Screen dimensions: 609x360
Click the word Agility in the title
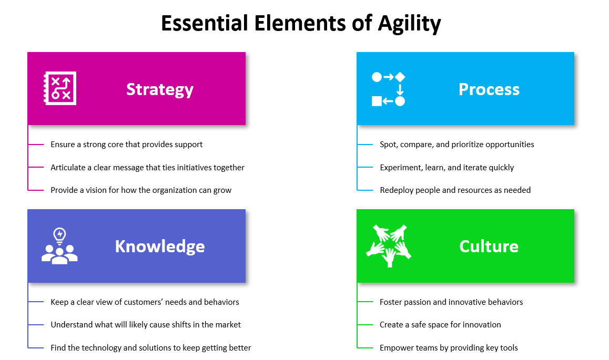(409, 24)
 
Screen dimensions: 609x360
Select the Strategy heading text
(160, 90)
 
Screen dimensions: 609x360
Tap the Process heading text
(489, 89)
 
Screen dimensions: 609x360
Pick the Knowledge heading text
(160, 246)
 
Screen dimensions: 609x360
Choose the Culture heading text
(489, 246)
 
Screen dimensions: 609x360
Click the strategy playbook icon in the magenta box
(60, 88)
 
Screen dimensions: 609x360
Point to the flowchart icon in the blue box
(389, 89)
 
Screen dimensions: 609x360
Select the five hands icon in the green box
(389, 246)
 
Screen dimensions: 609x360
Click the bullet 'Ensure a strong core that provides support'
(127, 145)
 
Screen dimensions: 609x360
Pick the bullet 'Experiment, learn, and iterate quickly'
(446, 168)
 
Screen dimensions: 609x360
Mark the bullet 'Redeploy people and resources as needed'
(455, 190)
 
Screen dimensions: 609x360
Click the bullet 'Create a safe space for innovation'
(440, 325)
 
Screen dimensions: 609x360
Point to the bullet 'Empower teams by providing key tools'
(449, 347)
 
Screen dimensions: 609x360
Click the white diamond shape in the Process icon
(400, 77)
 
